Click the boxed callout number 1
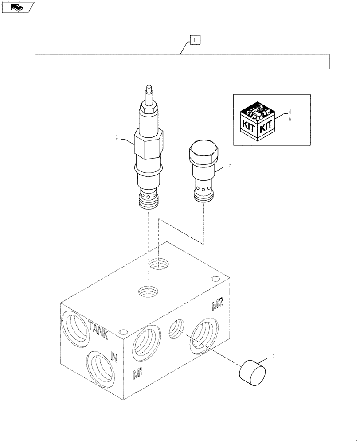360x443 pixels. point(195,40)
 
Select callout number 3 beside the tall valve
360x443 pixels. point(117,138)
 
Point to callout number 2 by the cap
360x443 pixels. point(274,356)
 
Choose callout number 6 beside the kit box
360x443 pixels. point(290,119)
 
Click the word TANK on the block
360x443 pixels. point(98,330)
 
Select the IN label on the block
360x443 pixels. point(114,357)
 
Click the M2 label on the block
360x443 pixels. point(217,304)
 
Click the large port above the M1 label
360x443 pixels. point(146,342)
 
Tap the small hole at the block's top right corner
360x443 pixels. point(215,279)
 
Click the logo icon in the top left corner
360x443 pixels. point(17,7)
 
